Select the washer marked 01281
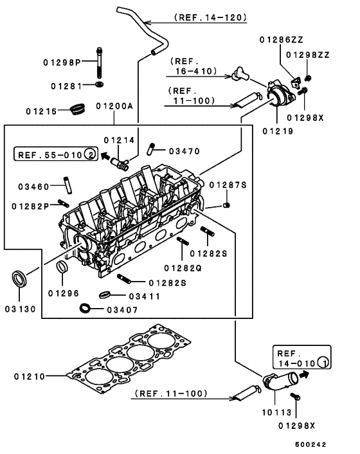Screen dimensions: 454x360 click(x=98, y=84)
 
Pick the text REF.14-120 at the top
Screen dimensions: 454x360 click(x=210, y=17)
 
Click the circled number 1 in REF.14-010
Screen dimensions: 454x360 click(x=325, y=363)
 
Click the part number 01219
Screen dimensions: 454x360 click(x=277, y=131)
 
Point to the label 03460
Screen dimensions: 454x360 click(x=33, y=186)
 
